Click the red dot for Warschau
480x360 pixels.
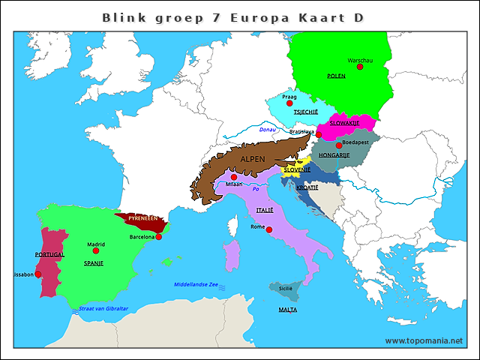(360, 67)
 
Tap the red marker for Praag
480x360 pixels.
(289, 103)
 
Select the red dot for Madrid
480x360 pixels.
(96, 250)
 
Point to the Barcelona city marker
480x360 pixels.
(158, 237)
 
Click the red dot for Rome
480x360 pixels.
(269, 230)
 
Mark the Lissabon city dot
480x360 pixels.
(38, 274)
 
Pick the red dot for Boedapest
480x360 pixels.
(338, 145)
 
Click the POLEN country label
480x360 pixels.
(336, 76)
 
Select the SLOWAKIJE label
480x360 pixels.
(345, 123)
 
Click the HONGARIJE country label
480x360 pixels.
(334, 155)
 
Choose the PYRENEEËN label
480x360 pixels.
(142, 217)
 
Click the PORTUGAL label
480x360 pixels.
(50, 255)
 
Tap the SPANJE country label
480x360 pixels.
(93, 264)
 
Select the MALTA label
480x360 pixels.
(287, 309)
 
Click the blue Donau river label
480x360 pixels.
(267, 130)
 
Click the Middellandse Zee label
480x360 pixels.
(195, 285)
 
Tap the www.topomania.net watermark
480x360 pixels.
(424, 340)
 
